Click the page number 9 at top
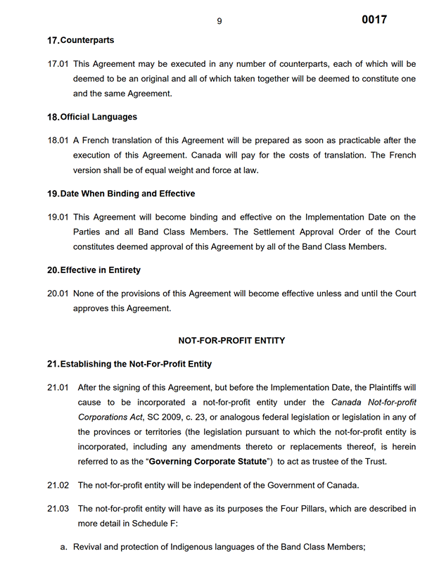(220, 21)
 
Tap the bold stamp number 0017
(374, 20)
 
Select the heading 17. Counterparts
(80, 41)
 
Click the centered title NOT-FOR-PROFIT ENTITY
(231, 341)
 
